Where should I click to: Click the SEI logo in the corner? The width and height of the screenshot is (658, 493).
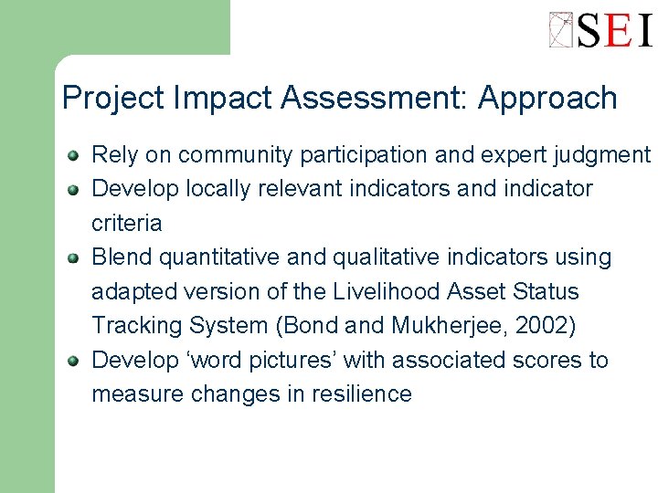coord(600,29)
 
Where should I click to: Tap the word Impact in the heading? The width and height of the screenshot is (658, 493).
coord(226,99)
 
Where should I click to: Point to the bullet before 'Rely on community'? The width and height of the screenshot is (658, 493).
coord(73,155)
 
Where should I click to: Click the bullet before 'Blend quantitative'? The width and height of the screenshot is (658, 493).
coord(73,257)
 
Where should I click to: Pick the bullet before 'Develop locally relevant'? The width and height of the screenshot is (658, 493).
coord(73,189)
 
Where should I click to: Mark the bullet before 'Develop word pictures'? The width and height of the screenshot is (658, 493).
coord(73,360)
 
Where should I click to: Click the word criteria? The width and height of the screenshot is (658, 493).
coord(126,223)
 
